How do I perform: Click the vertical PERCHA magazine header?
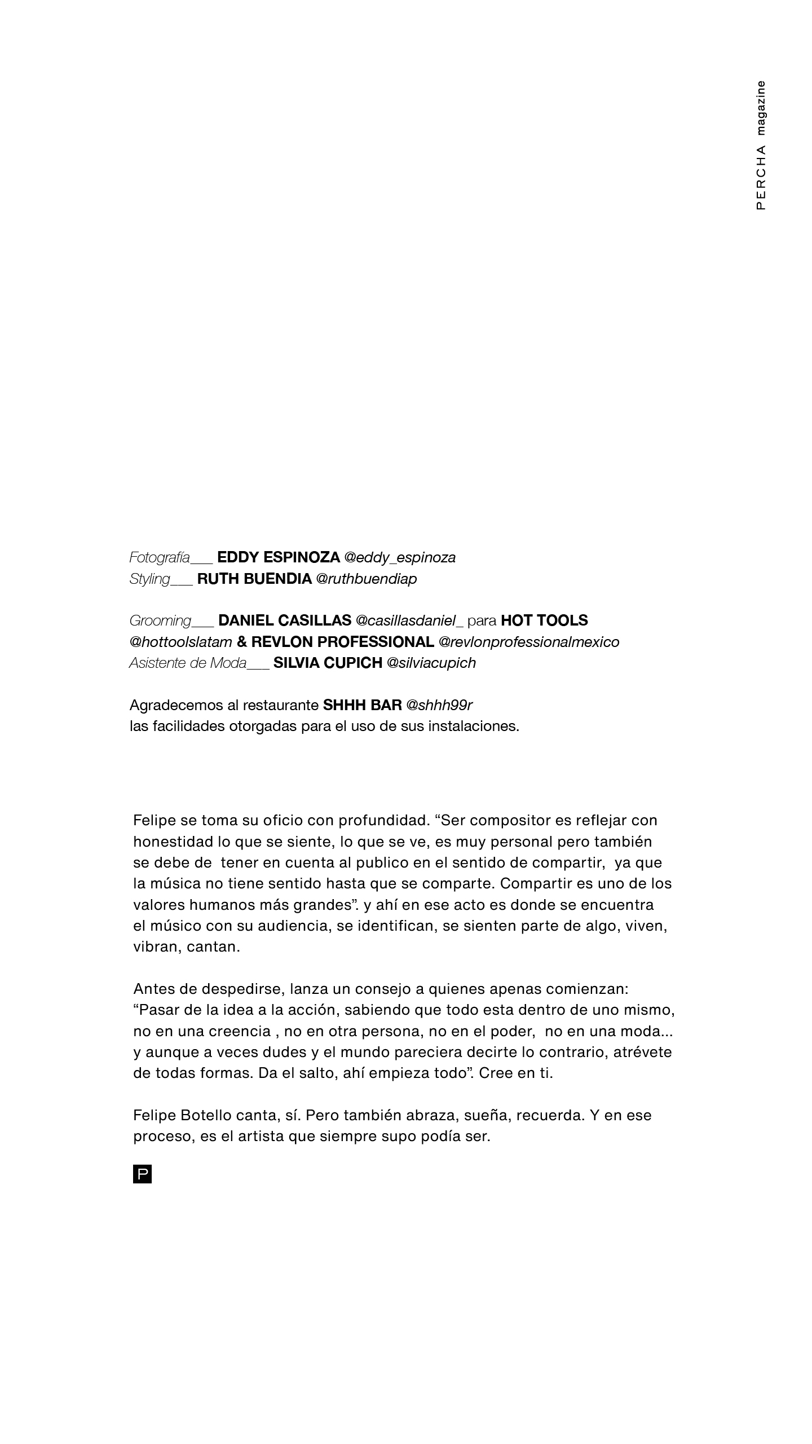pos(761,146)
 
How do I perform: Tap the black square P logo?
pos(142,1175)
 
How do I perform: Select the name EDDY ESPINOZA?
pos(279,557)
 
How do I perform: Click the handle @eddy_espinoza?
pos(400,557)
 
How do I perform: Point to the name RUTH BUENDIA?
pos(254,579)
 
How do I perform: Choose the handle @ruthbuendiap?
pos(367,579)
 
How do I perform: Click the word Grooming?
pos(161,620)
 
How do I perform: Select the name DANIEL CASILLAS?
pos(285,620)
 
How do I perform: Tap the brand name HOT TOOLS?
pos(544,620)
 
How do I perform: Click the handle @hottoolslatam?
pos(181,642)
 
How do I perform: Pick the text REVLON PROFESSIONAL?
pos(343,642)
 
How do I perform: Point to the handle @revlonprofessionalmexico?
pos(529,642)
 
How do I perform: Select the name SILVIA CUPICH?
pos(328,663)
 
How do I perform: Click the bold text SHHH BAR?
pos(362,705)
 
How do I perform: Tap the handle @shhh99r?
pos(439,705)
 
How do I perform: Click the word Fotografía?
pos(160,557)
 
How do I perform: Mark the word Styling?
pos(150,579)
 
